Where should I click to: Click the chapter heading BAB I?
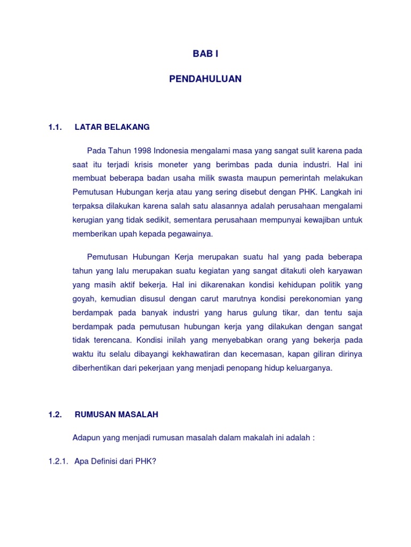[205, 54]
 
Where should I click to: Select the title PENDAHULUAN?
[205, 79]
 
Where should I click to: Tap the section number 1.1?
[55, 127]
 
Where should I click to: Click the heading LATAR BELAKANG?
[112, 127]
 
